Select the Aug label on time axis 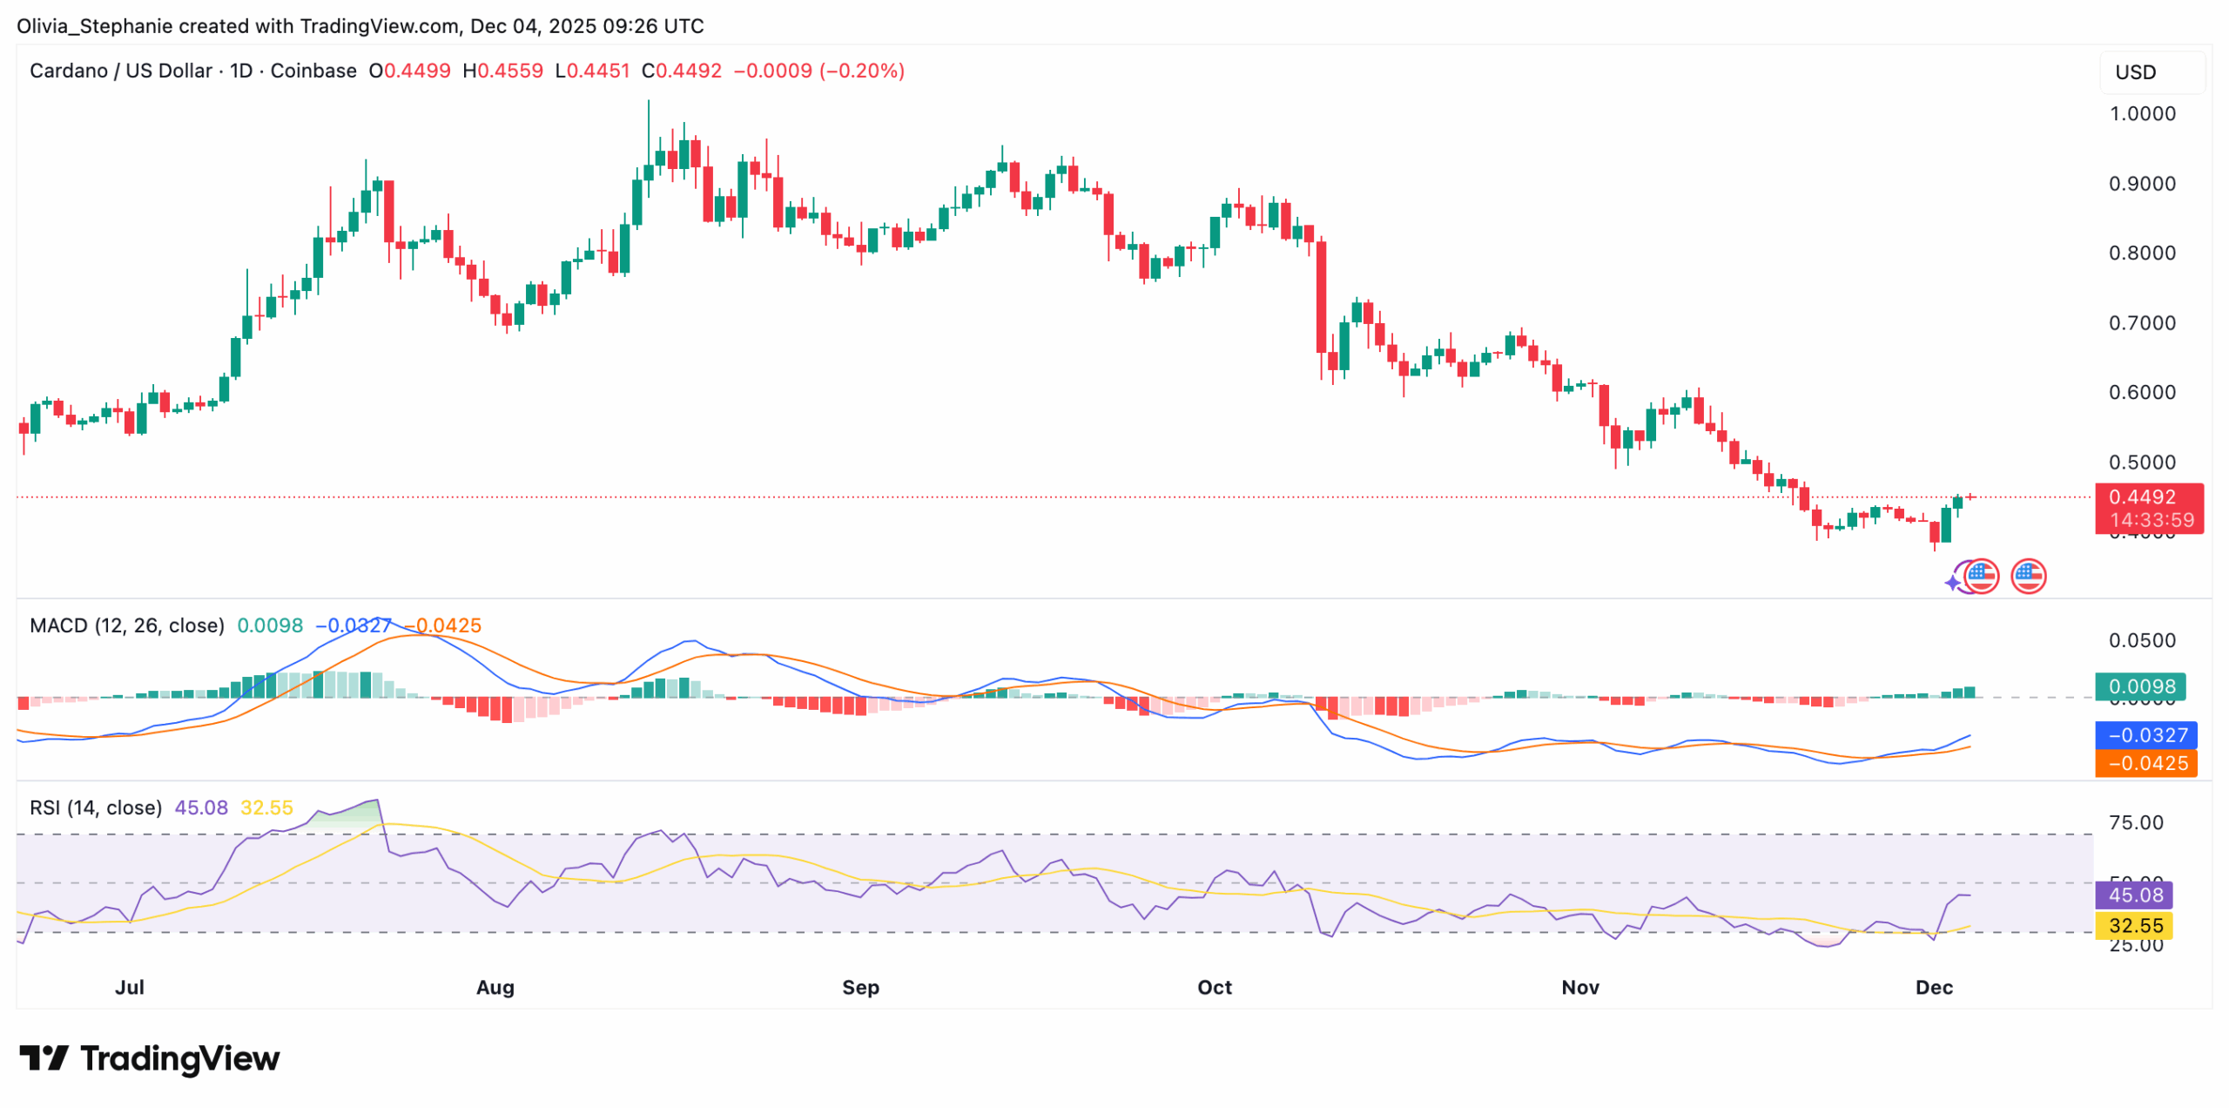tap(495, 987)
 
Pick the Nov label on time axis tap(1579, 987)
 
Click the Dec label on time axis tap(1933, 987)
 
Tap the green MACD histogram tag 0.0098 tap(2140, 686)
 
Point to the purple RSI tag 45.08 tap(2134, 895)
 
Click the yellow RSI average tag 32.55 tap(2134, 925)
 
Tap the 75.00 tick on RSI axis tap(2134, 822)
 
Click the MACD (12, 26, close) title tap(127, 625)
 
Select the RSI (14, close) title tap(96, 807)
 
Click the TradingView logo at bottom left tap(150, 1058)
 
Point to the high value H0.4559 tap(502, 71)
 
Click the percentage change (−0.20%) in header tap(861, 71)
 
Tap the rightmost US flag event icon tap(2027, 576)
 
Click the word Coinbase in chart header tap(313, 71)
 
